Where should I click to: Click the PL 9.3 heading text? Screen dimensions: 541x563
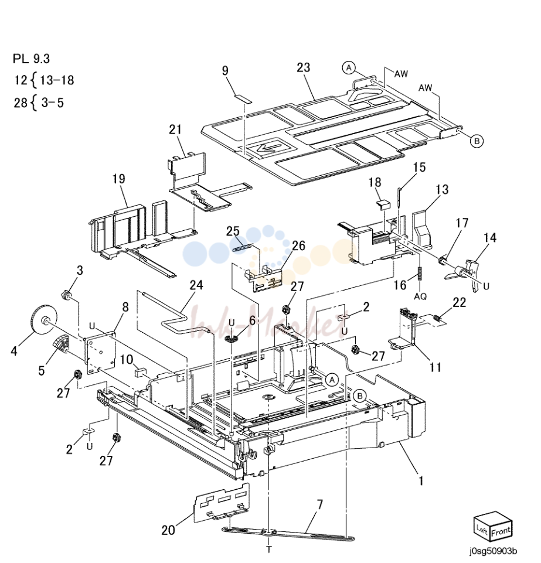pos(31,59)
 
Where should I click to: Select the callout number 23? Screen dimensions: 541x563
pos(303,68)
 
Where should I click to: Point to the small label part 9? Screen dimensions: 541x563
pos(243,99)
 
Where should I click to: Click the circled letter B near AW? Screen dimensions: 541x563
pos(477,141)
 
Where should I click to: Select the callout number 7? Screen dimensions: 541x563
pos(319,504)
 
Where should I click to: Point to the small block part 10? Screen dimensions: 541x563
pos(140,371)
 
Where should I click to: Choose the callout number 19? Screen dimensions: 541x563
pos(119,179)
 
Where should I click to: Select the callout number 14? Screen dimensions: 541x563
pos(489,237)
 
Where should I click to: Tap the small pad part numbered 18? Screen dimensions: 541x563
pos(382,204)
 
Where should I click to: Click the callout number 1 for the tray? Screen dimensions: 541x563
pos(421,480)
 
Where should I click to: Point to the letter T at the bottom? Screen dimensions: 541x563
pos(268,550)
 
